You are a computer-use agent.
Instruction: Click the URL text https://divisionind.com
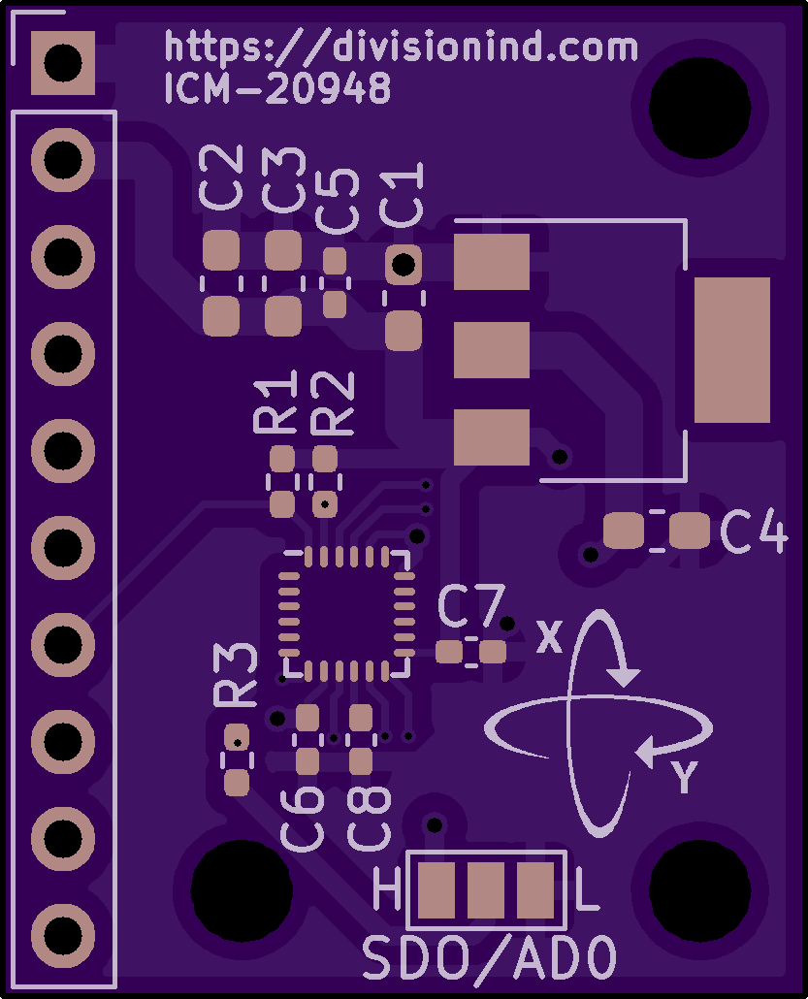pos(401,47)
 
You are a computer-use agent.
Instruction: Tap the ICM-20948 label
pos(277,88)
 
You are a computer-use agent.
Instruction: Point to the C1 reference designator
pos(402,194)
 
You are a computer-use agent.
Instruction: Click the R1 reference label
pos(275,402)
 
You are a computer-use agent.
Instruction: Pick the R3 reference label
pos(235,675)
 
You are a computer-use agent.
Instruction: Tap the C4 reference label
pos(755,532)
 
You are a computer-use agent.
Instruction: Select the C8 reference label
pos(369,819)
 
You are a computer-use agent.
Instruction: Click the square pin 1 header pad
pos(63,63)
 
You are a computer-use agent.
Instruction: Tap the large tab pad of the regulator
pos(732,350)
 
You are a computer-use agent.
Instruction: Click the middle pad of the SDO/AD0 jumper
pos(486,890)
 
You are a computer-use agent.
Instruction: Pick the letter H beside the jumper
pos(387,888)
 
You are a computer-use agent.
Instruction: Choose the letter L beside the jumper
pos(587,888)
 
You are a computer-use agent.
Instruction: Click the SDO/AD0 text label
pos(490,957)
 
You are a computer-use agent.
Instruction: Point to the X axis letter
pos(549,636)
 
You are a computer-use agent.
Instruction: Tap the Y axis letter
pos(685,777)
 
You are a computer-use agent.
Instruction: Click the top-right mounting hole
pos(699,108)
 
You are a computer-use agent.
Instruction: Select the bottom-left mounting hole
pos(242,890)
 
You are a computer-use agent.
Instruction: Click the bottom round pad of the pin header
pos(63,935)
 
